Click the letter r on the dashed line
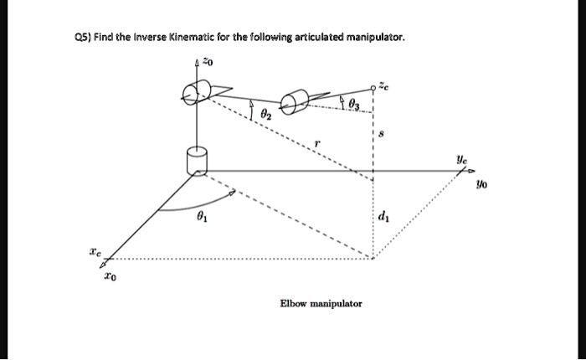[317, 145]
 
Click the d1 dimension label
[383, 219]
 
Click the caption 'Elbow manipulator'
[321, 303]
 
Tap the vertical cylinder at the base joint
[198, 159]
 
